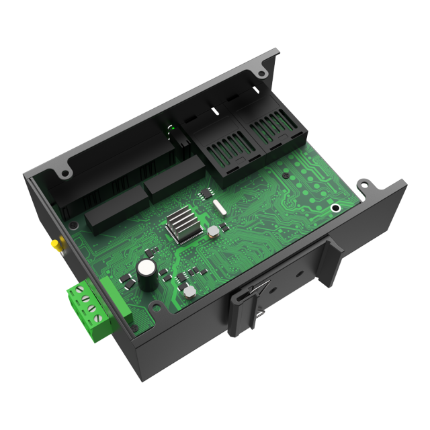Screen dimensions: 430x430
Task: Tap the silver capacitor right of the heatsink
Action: (x=214, y=232)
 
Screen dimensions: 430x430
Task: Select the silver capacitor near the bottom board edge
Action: (x=190, y=292)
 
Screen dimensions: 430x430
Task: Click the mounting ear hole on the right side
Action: (x=364, y=183)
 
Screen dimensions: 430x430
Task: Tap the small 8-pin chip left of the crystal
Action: (x=204, y=195)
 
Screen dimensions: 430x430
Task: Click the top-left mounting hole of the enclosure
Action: (x=64, y=173)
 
